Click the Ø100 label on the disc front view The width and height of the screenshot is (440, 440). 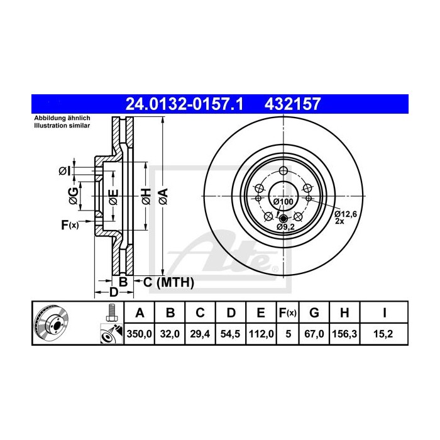click(x=283, y=201)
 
